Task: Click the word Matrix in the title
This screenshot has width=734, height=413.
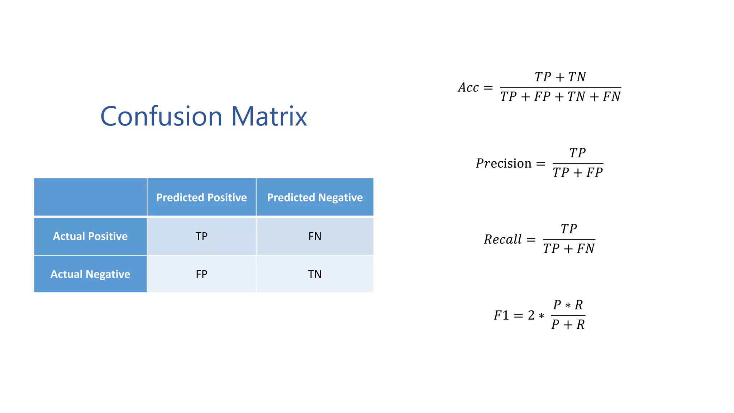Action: pyautogui.click(x=269, y=117)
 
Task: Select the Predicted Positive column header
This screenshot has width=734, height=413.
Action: pyautogui.click(x=201, y=198)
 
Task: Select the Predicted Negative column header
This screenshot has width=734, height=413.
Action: pyautogui.click(x=315, y=198)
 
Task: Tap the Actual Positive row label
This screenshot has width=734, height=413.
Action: pyautogui.click(x=90, y=236)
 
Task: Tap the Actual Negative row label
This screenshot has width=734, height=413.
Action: pyautogui.click(x=90, y=274)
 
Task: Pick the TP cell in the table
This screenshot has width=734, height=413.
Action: pyautogui.click(x=201, y=236)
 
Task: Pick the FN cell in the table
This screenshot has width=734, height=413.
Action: pyautogui.click(x=315, y=236)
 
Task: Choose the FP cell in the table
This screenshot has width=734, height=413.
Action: pyautogui.click(x=201, y=274)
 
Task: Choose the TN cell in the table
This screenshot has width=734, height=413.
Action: pyautogui.click(x=315, y=274)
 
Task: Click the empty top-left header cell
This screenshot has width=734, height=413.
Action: pyautogui.click(x=90, y=197)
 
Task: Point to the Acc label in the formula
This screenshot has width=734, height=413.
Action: pyautogui.click(x=468, y=87)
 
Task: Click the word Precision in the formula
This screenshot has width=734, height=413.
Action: pyautogui.click(x=504, y=163)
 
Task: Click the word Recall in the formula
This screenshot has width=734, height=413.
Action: pyautogui.click(x=503, y=239)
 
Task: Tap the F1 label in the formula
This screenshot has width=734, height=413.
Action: pyautogui.click(x=501, y=315)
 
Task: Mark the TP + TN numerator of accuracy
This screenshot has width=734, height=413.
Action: pyautogui.click(x=560, y=77)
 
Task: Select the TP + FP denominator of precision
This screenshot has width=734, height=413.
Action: pyautogui.click(x=577, y=173)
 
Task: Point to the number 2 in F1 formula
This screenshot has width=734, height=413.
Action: pyautogui.click(x=531, y=315)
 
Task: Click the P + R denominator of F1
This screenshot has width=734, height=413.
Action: pyautogui.click(x=568, y=325)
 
